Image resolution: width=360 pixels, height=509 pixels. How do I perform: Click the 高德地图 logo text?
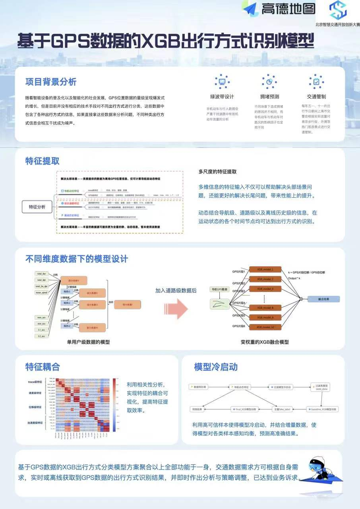tap(288, 9)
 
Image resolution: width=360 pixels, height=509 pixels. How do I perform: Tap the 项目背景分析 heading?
tap(51, 82)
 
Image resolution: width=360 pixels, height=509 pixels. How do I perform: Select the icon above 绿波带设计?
tap(222, 81)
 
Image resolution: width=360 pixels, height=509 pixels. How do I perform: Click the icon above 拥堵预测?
tap(269, 81)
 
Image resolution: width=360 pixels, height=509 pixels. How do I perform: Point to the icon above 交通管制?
tap(316, 81)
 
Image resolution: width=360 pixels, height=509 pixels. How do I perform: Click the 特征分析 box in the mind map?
tap(37, 207)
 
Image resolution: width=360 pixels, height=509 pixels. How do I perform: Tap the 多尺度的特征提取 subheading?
tap(217, 172)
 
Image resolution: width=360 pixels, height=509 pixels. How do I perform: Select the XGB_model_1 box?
tap(265, 270)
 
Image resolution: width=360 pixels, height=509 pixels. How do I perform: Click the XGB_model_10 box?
tap(265, 327)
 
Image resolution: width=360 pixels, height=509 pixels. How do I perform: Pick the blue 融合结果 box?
tap(324, 299)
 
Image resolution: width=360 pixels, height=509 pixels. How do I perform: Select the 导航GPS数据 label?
tap(219, 289)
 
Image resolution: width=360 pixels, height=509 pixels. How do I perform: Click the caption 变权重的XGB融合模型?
tap(265, 342)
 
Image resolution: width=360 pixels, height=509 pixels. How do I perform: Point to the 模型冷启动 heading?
tap(216, 367)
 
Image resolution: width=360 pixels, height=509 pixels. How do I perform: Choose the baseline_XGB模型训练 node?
tap(322, 408)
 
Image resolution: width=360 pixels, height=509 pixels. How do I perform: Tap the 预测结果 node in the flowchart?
tap(198, 408)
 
